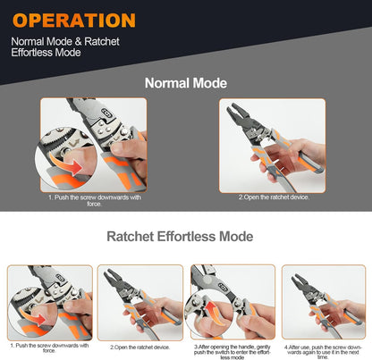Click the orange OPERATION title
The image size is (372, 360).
tap(75, 20)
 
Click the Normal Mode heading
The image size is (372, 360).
tap(186, 83)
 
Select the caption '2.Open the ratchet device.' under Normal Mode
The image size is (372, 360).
tap(274, 197)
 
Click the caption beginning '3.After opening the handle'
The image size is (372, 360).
tap(232, 350)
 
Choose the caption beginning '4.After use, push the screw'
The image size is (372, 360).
tap(324, 350)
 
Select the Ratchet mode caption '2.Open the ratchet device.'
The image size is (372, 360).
tap(140, 347)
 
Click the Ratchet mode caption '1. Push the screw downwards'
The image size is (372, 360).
tap(49, 347)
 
